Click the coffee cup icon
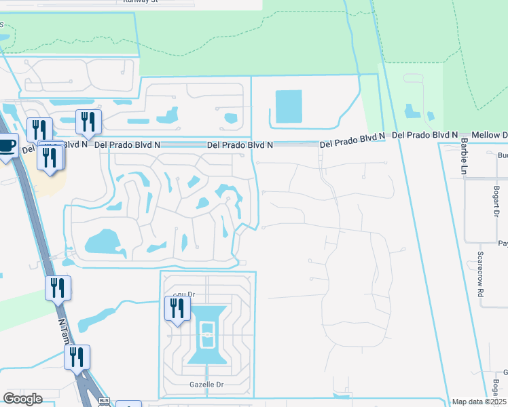(7, 144)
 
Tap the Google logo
(22, 399)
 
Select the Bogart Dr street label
(497, 201)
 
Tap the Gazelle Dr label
(205, 385)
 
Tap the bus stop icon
(104, 402)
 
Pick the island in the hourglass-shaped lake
(208, 333)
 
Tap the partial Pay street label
(503, 244)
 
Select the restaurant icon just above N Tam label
(58, 288)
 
